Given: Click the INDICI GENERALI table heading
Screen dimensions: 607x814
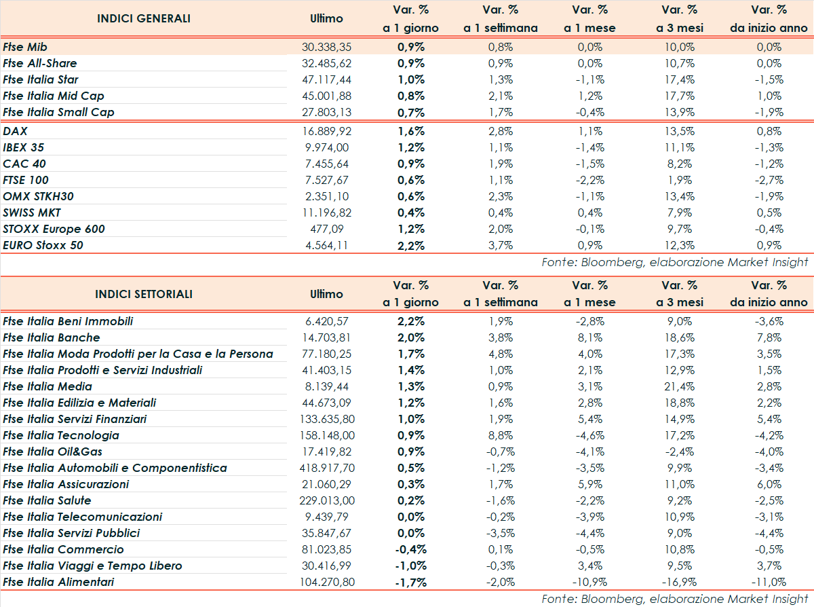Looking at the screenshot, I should pos(144,18).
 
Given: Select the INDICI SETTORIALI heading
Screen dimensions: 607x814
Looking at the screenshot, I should pos(144,294).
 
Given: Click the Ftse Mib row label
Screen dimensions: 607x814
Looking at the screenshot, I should pos(24,47).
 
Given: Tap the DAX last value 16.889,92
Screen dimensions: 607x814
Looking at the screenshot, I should pos(326,131).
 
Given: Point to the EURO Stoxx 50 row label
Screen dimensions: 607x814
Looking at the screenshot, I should pos(43,245).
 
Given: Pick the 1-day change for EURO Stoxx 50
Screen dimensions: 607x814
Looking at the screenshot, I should pos(411,245).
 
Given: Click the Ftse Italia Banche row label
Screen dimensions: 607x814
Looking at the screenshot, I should pos(52,337).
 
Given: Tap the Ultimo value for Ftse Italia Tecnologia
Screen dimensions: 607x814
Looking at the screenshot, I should pos(326,435).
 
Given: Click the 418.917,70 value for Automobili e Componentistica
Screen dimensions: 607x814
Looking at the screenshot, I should pos(326,468).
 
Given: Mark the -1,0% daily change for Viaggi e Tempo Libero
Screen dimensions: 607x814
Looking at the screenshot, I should pos(411,566).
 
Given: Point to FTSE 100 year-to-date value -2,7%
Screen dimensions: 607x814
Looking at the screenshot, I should pos(769,180).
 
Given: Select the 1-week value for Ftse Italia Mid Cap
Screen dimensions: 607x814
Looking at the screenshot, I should pos(501,96).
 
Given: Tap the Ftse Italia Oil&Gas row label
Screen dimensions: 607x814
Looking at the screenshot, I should pos(53,452).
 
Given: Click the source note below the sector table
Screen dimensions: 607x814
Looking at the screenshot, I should pos(675,599).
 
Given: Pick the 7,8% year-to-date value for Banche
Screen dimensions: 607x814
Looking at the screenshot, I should pos(769,337).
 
